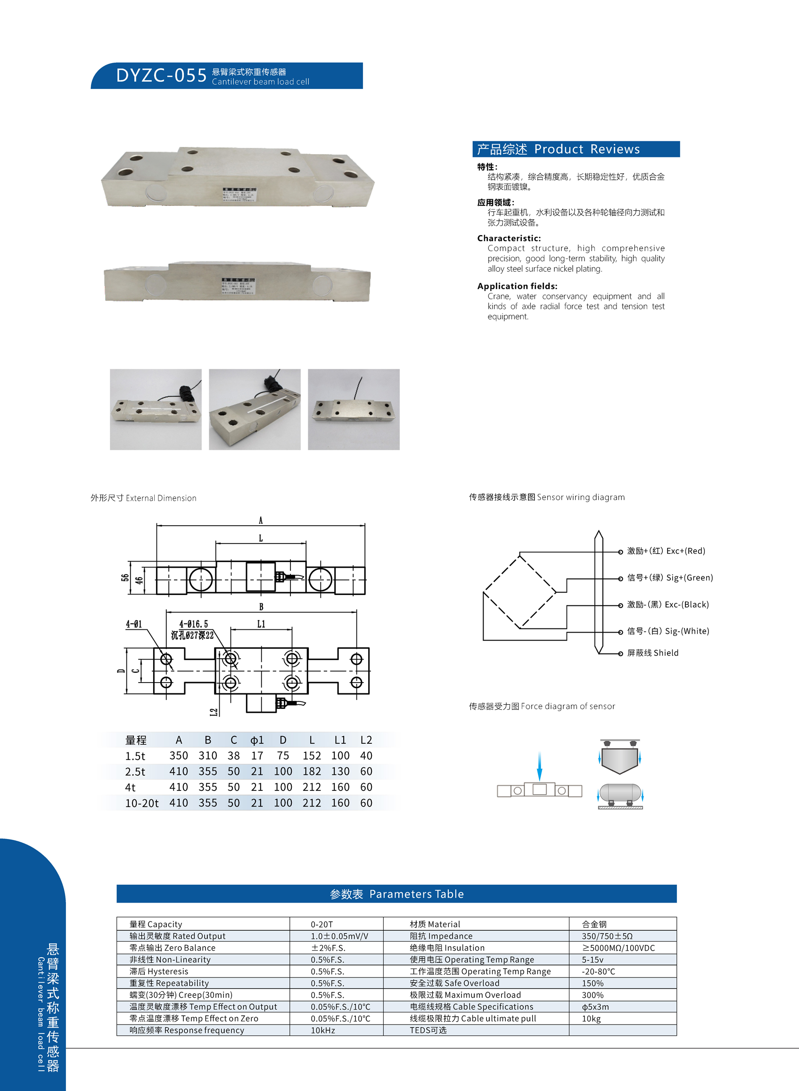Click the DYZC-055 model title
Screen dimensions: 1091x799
click(161, 76)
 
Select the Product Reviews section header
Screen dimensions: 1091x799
click(576, 149)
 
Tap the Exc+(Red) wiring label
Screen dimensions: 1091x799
click(666, 551)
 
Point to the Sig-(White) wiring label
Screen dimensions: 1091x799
click(667, 631)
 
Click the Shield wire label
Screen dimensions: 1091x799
click(652, 653)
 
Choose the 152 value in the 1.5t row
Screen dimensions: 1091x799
click(312, 756)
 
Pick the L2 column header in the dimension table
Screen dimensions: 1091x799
click(366, 740)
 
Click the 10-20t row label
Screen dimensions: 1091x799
click(142, 803)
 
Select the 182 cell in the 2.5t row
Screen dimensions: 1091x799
click(312, 772)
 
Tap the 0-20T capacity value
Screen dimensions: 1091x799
click(321, 924)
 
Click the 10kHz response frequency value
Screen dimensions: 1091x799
click(322, 1030)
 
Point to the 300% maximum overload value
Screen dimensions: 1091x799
click(593, 995)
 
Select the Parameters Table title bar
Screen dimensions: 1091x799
click(396, 894)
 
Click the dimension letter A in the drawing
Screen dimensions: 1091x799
click(261, 521)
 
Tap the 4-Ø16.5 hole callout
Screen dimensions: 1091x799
click(193, 624)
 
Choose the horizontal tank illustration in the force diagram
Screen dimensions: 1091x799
click(620, 794)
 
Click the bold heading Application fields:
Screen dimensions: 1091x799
click(517, 286)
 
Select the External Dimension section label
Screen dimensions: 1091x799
click(143, 498)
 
